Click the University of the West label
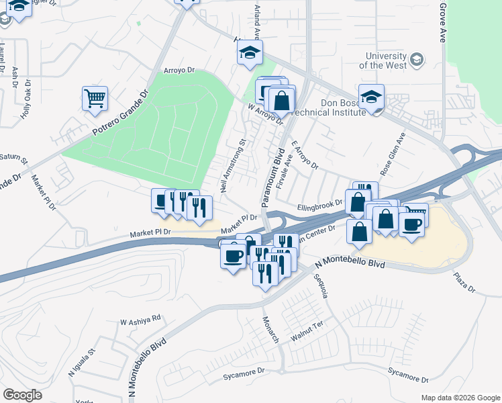click(x=383, y=60)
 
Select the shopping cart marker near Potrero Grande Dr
click(x=95, y=98)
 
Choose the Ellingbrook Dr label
click(x=320, y=206)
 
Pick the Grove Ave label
click(x=443, y=22)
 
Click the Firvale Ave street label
click(x=286, y=165)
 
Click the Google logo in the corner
click(x=22, y=395)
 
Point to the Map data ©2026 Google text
click(x=460, y=398)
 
